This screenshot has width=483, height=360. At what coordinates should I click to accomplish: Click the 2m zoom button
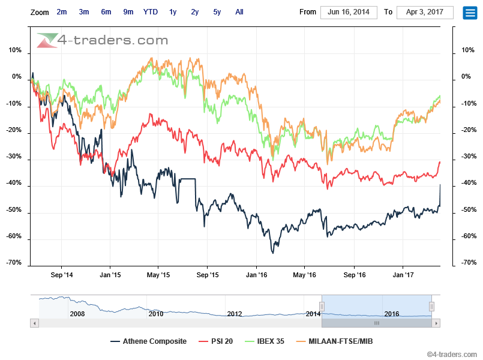tap(62, 11)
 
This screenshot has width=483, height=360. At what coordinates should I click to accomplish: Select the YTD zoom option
tap(151, 11)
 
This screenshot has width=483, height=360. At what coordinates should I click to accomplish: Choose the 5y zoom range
tap(217, 11)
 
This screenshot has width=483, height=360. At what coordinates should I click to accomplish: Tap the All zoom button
tap(239, 11)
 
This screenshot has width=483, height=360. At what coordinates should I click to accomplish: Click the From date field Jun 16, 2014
tap(349, 12)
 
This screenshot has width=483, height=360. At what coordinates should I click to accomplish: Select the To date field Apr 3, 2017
tap(425, 12)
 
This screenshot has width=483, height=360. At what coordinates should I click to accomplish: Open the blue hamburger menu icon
tap(470, 13)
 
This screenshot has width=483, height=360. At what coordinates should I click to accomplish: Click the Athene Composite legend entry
tap(149, 341)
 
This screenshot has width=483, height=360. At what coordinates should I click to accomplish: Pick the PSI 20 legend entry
tap(220, 341)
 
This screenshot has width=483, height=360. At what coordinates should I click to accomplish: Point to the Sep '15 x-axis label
tap(207, 275)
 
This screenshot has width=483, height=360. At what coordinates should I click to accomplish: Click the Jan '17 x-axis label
tap(403, 275)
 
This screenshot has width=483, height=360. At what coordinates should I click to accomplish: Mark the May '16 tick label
tap(304, 275)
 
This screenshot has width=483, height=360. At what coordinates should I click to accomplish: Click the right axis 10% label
tap(466, 50)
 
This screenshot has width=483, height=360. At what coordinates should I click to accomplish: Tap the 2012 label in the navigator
tap(235, 314)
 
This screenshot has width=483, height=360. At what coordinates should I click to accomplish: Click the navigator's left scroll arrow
tap(34, 323)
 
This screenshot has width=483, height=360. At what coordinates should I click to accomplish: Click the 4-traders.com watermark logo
tap(102, 40)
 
